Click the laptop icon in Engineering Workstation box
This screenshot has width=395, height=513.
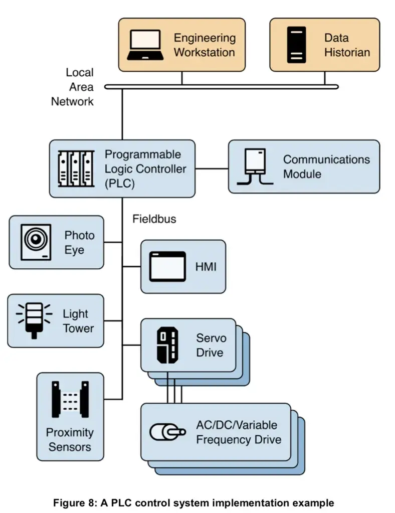145,45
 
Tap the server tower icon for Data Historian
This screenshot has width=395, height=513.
297,45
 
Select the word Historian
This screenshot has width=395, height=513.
347,52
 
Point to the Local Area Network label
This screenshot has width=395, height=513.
72,87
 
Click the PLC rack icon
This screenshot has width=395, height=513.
76,169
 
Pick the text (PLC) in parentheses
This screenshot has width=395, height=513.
120,184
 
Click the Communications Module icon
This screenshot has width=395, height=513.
255,167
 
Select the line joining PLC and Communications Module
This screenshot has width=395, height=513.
212,169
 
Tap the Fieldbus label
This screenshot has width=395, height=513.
154,219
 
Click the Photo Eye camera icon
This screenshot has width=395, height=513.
36,242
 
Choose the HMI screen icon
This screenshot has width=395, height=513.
167,267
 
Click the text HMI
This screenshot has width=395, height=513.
206,267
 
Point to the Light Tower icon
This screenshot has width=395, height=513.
34,320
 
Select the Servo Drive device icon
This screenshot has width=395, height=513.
167,345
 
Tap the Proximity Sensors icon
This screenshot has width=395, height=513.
70,400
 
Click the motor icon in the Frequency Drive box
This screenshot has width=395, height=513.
168,432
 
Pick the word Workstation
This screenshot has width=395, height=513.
205,52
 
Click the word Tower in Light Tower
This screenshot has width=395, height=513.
79,328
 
